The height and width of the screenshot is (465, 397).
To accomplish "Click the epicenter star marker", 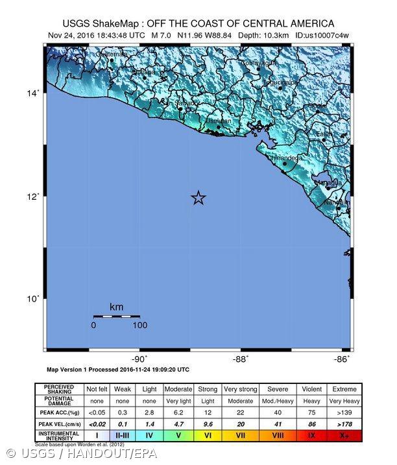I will (x=198, y=198).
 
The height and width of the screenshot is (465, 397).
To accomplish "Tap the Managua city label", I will (x=328, y=182).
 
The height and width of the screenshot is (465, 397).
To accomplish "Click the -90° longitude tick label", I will (x=139, y=359).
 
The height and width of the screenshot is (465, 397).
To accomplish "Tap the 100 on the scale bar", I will (x=139, y=325).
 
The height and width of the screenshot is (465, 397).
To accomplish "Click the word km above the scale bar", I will (x=117, y=307).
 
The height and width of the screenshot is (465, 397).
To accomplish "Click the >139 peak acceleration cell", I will (x=344, y=411).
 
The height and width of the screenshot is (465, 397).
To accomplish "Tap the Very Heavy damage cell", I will (x=344, y=400).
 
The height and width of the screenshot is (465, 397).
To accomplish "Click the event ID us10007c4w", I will (x=322, y=34).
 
